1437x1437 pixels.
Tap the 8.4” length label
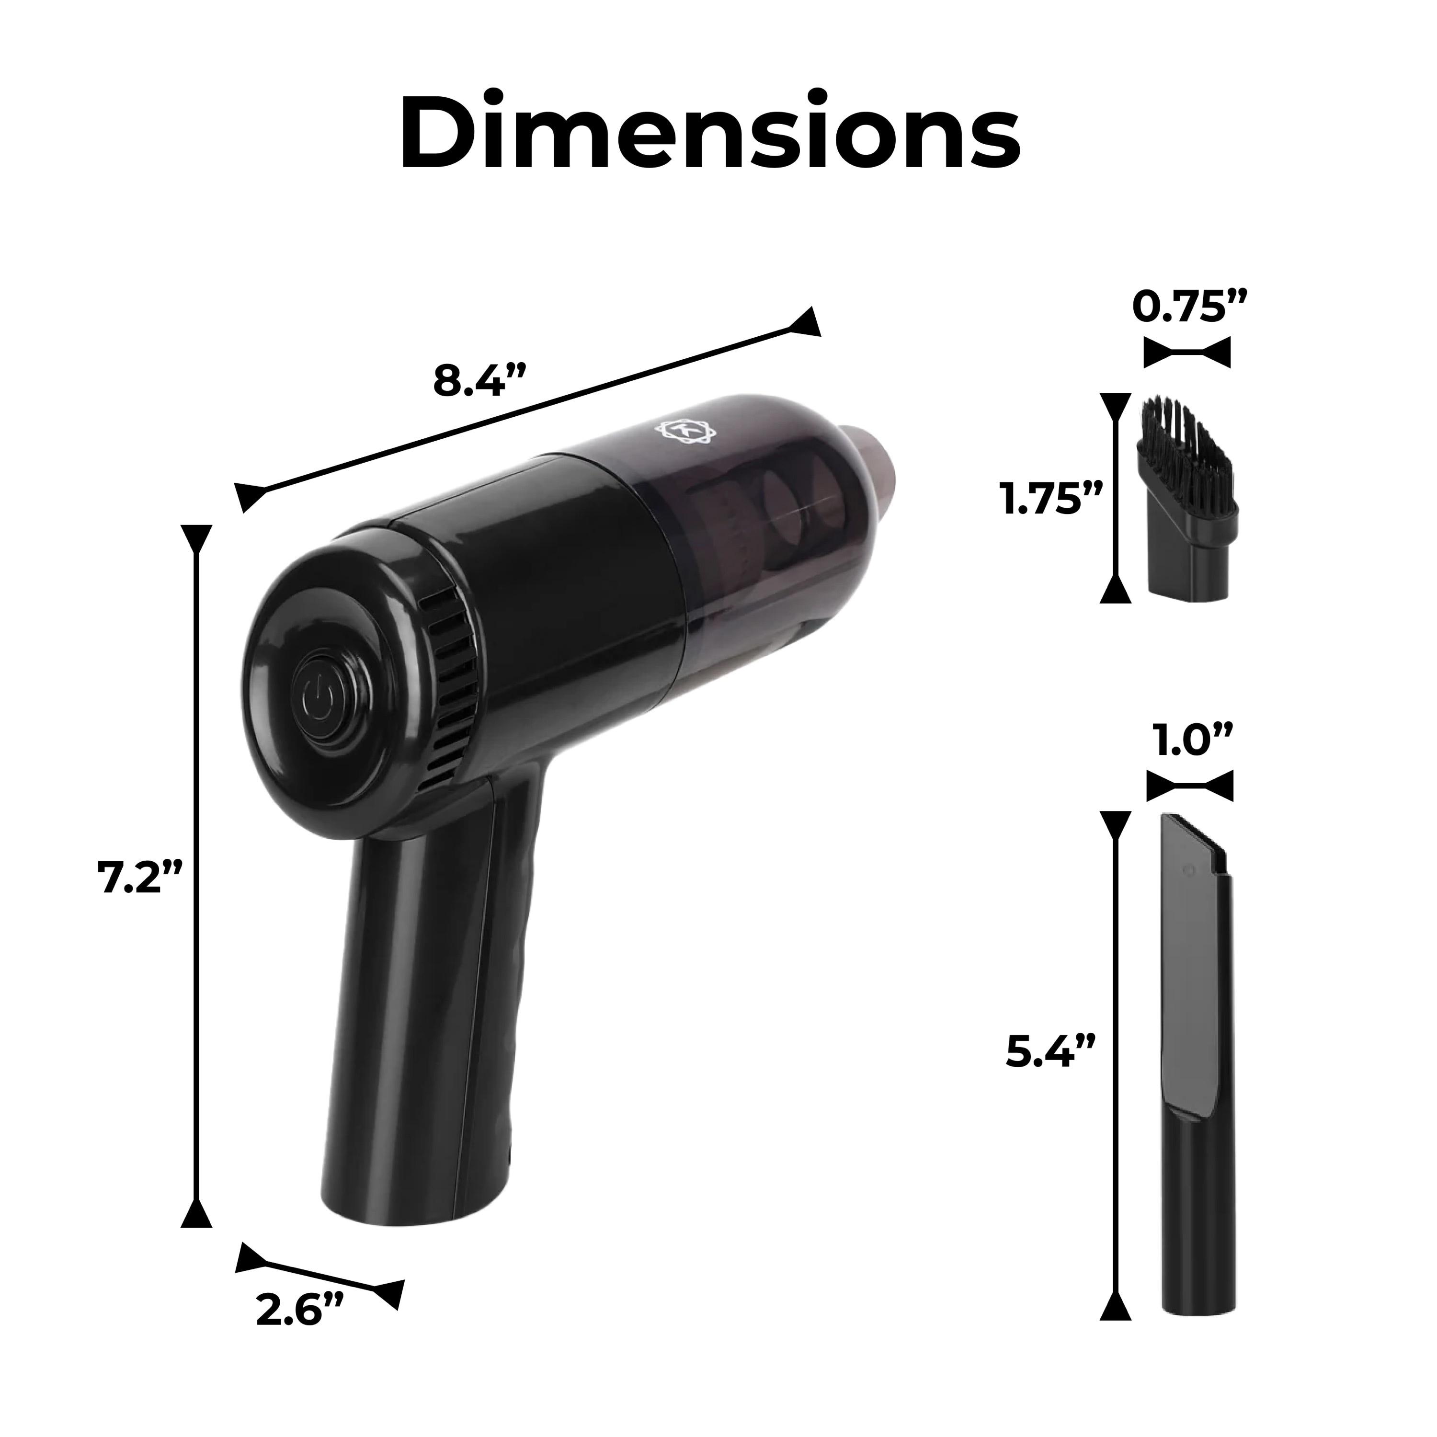480,382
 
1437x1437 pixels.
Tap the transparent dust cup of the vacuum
774,536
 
